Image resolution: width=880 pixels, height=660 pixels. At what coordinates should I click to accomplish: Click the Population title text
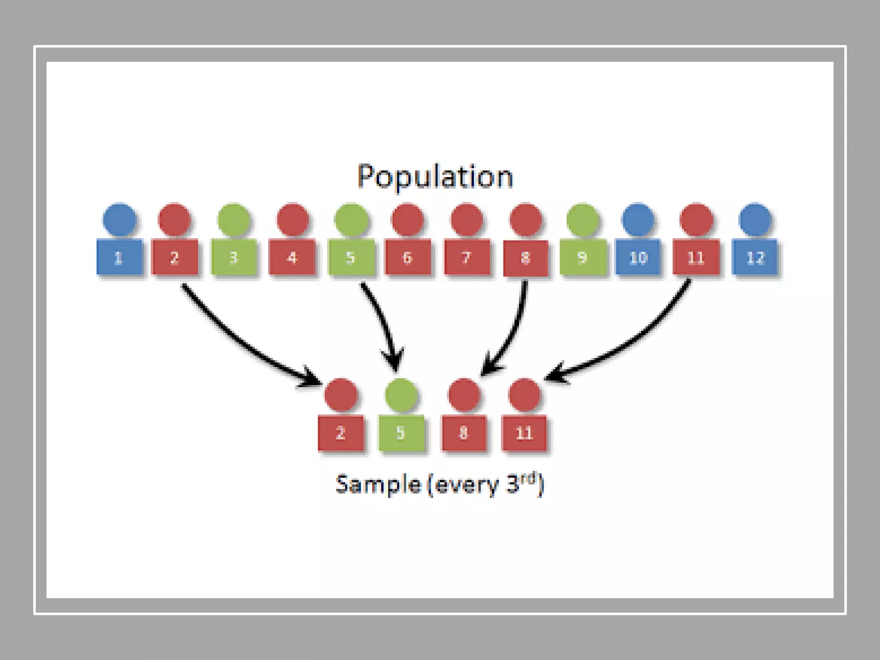pos(435,177)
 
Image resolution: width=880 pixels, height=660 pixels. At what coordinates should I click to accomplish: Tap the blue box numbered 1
pos(119,257)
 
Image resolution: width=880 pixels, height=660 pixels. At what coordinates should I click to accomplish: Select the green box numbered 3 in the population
pos(234,257)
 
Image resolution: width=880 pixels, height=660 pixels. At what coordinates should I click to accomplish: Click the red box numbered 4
pos(292,257)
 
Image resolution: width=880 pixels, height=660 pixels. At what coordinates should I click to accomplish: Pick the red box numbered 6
pos(407,257)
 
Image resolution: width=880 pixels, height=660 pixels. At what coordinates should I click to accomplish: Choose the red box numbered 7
pos(467,257)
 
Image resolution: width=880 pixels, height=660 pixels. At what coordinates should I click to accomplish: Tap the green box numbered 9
pos(583,257)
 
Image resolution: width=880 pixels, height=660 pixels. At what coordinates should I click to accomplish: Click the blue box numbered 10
pos(638,257)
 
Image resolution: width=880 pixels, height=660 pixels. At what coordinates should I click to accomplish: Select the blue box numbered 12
pos(755,257)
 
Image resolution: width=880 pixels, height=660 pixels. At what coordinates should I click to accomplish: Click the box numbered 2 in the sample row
pos(341,433)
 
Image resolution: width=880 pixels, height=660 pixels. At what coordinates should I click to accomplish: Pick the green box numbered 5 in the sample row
pos(401,433)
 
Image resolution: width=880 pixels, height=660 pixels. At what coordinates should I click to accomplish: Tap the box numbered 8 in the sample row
pos(464,433)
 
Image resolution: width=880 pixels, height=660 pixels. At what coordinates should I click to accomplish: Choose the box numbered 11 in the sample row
pos(524,433)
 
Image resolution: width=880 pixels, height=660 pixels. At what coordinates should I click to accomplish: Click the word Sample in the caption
pos(378,485)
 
